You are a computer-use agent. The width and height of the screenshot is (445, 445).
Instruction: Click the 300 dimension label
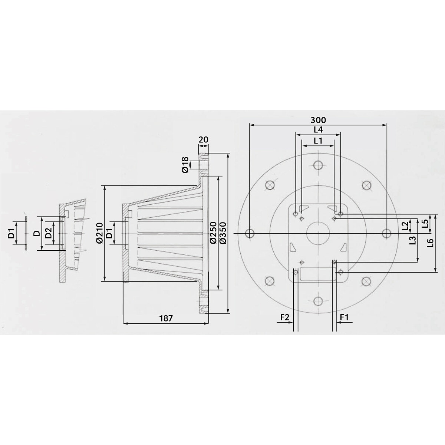(318, 120)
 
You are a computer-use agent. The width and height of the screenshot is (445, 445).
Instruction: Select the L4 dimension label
(318, 130)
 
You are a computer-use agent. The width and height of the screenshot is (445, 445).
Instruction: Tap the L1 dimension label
(318, 141)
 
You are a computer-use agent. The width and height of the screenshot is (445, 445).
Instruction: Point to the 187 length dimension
(166, 319)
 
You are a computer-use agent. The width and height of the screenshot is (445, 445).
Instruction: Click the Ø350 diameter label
(223, 233)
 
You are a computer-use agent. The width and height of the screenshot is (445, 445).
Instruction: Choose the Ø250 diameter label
(213, 233)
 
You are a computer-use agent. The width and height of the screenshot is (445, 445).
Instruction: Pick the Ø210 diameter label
(99, 233)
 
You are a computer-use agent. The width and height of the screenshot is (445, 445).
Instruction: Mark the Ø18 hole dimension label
(185, 164)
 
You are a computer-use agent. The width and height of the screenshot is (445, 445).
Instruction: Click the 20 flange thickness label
(203, 139)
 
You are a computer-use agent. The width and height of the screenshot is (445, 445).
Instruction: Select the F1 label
(344, 317)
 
